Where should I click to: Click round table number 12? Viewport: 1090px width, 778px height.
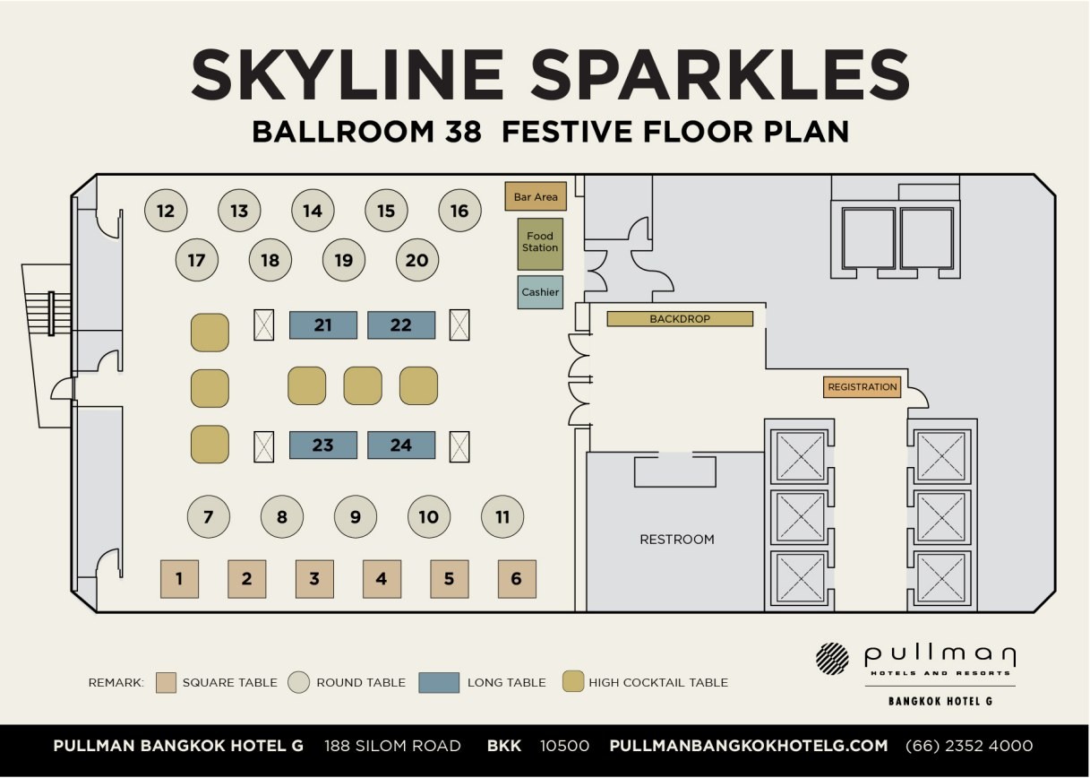click(166, 211)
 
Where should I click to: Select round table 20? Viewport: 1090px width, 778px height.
click(417, 260)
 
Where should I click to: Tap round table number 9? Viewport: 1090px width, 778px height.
click(356, 516)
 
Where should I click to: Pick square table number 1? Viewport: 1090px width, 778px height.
click(179, 579)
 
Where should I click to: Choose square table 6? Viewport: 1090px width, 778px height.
click(517, 579)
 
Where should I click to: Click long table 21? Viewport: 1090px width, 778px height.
click(323, 324)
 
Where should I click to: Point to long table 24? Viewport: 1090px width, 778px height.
click(401, 445)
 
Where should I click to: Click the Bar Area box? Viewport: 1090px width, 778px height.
click(536, 196)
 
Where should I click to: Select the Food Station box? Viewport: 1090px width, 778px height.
click(540, 244)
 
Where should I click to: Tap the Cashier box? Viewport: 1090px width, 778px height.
click(540, 292)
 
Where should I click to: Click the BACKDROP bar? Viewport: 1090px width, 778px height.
click(680, 319)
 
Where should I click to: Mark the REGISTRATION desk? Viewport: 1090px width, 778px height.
click(862, 387)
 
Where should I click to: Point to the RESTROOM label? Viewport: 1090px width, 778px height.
click(677, 540)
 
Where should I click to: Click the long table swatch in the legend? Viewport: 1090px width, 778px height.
click(439, 683)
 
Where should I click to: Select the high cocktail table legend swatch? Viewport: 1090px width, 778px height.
click(572, 681)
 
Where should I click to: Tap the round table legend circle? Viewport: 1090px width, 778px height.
click(298, 682)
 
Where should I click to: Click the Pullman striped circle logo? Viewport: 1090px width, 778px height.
click(832, 659)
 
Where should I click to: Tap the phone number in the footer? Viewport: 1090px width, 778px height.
click(969, 746)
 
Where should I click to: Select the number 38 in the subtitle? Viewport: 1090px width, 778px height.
click(463, 132)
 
